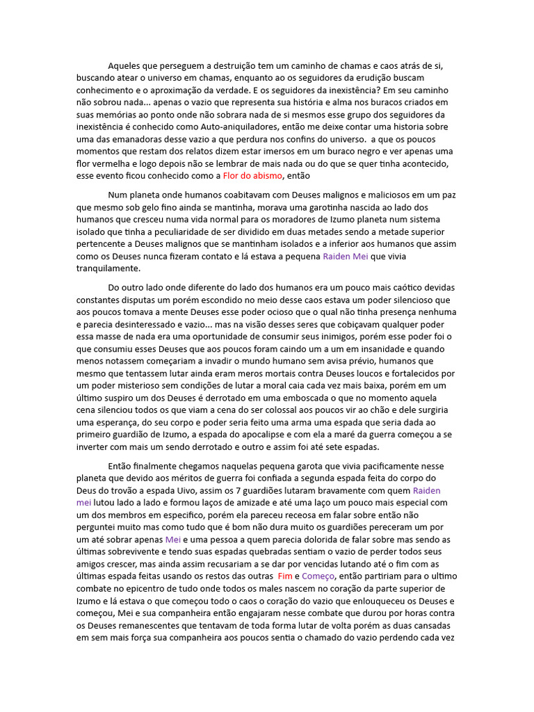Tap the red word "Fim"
284,576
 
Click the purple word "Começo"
318,576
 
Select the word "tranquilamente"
108,268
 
